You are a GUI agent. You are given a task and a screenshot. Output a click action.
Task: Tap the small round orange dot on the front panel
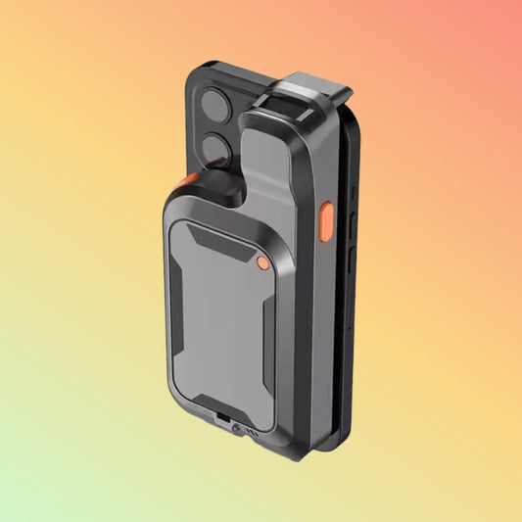(x=261, y=261)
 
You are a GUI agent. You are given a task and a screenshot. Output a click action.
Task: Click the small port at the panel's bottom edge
(x=226, y=419)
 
